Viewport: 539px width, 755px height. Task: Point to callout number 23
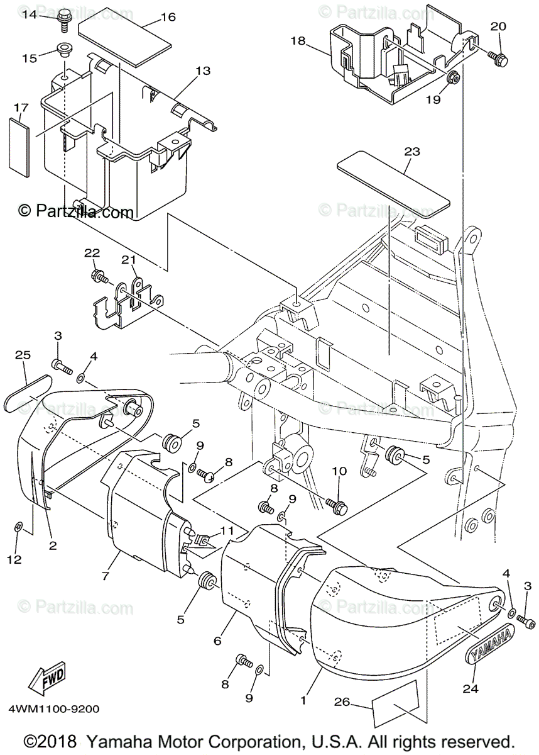[x=412, y=152]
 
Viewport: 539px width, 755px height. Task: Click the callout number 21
[x=129, y=260]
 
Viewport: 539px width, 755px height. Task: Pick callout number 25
[x=23, y=356]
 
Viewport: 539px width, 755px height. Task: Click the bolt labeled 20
[x=501, y=60]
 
